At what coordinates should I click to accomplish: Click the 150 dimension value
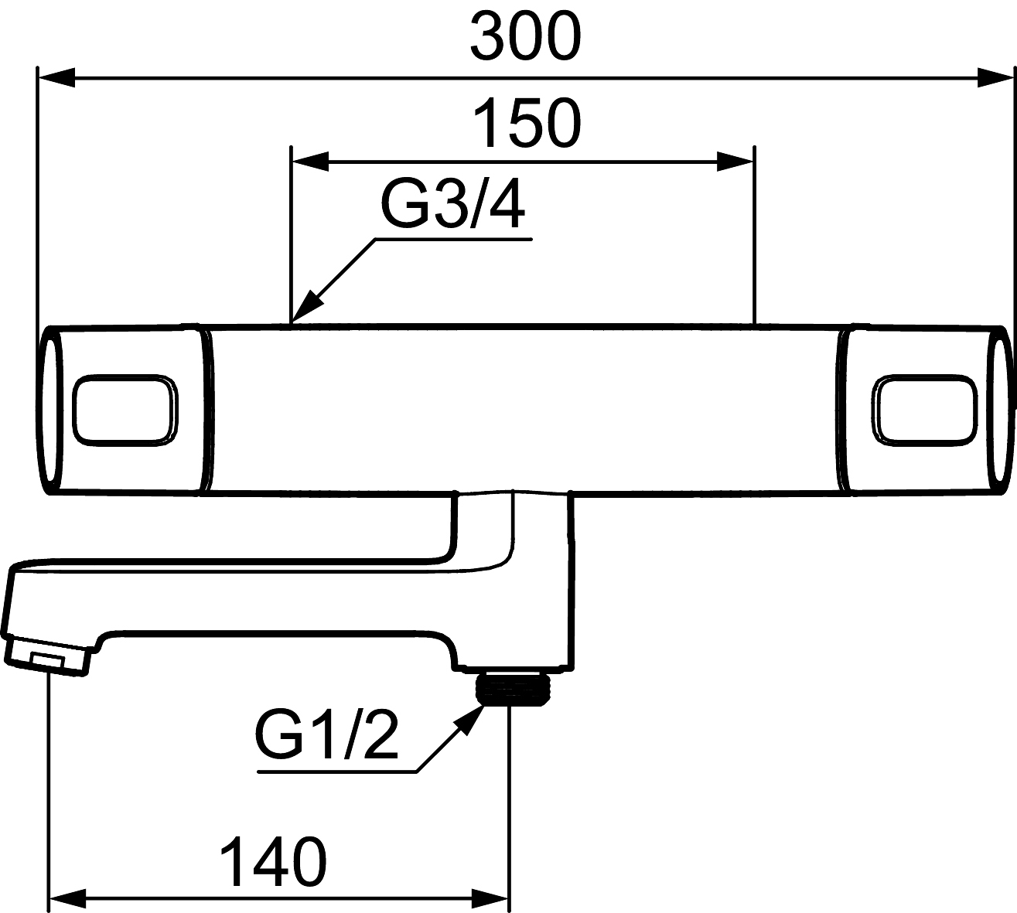(526, 124)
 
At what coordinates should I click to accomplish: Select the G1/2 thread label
(326, 739)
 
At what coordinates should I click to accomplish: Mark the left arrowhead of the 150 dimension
(309, 162)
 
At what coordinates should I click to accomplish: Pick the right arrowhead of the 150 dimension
(735, 162)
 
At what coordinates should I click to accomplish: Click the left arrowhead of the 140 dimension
(67, 898)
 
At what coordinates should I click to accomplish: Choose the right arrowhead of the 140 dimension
(491, 898)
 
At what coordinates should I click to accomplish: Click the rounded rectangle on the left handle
(125, 410)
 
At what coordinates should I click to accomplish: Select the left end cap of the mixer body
(48, 410)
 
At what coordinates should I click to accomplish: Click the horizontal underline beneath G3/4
(452, 240)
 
